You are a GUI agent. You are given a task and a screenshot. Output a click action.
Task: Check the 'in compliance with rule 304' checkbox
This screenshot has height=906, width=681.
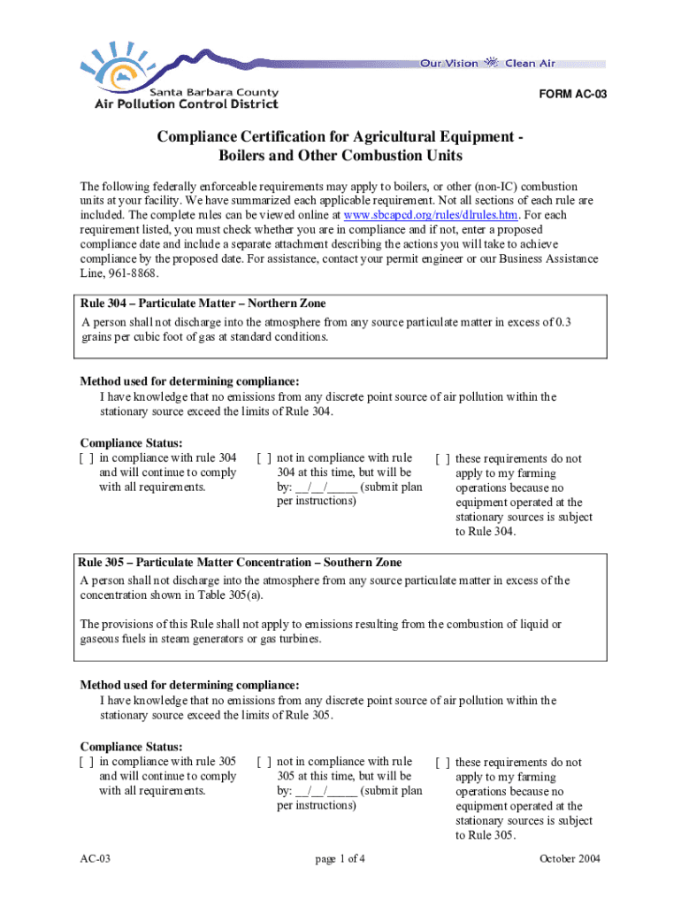(87, 458)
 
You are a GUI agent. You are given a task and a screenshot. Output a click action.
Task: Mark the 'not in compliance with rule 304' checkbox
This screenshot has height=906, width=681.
(264, 458)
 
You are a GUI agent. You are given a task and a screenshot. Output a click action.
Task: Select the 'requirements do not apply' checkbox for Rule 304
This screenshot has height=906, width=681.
(442, 459)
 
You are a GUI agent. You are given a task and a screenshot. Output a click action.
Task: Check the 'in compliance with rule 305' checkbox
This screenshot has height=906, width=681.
(87, 762)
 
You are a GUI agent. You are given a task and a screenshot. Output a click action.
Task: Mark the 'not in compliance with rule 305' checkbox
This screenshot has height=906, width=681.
(264, 762)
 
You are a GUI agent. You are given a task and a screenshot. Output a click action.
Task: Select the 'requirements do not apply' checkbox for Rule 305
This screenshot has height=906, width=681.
(442, 763)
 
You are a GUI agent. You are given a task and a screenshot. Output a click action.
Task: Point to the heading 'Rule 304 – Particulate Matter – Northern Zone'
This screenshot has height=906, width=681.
(203, 303)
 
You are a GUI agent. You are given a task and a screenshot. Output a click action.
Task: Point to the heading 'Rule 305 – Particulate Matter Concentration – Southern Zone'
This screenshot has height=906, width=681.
(240, 563)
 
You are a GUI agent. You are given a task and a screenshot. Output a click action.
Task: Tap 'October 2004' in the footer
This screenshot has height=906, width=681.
(570, 859)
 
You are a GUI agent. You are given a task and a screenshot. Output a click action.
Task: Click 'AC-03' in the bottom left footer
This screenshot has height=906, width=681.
(95, 859)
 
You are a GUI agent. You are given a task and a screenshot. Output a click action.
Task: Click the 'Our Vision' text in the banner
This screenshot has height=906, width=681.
(448, 64)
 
